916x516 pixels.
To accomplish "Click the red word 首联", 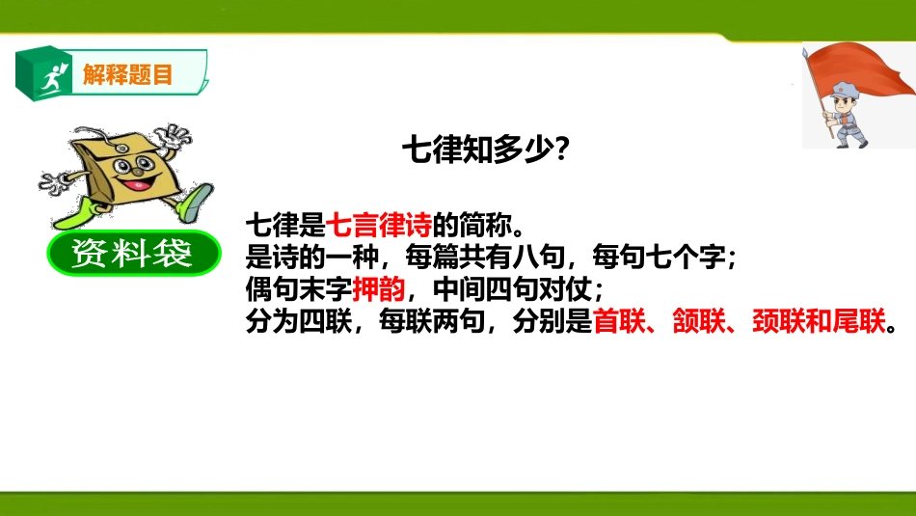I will [x=618, y=322].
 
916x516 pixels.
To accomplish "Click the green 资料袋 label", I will [x=132, y=255].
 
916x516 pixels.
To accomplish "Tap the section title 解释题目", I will [x=127, y=73].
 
